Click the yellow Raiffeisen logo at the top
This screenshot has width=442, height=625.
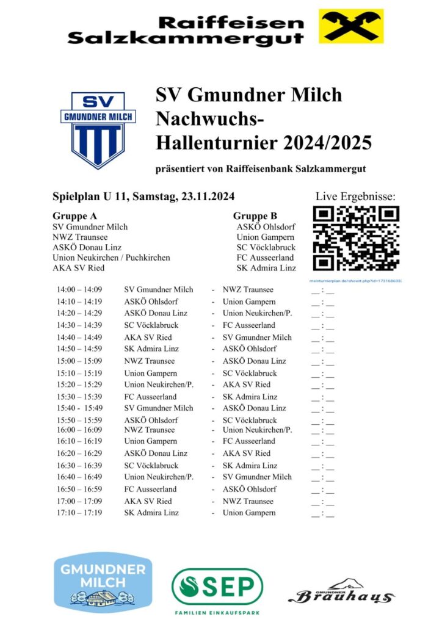pyautogui.click(x=351, y=26)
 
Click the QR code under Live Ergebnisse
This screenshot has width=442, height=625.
pyautogui.click(x=356, y=239)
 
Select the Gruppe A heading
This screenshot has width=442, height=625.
pyautogui.click(x=74, y=216)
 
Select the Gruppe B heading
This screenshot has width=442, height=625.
pyautogui.click(x=255, y=216)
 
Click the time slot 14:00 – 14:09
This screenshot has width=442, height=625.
pyautogui.click(x=79, y=290)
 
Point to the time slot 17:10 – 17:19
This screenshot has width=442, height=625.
pyautogui.click(x=79, y=513)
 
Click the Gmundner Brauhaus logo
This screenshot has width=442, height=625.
pyautogui.click(x=341, y=593)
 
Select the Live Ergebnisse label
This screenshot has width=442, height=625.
pyautogui.click(x=355, y=197)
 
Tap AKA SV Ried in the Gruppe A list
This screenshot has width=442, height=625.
pyautogui.click(x=78, y=268)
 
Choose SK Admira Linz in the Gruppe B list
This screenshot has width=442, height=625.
pyautogui.click(x=266, y=268)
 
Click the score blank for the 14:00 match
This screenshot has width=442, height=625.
pyautogui.click(x=322, y=291)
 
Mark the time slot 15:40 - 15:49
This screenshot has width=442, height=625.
pyautogui.click(x=79, y=408)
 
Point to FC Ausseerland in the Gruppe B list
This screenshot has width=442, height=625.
pyautogui.click(x=266, y=258)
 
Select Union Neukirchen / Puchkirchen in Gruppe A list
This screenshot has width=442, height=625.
pyautogui.click(x=111, y=258)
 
